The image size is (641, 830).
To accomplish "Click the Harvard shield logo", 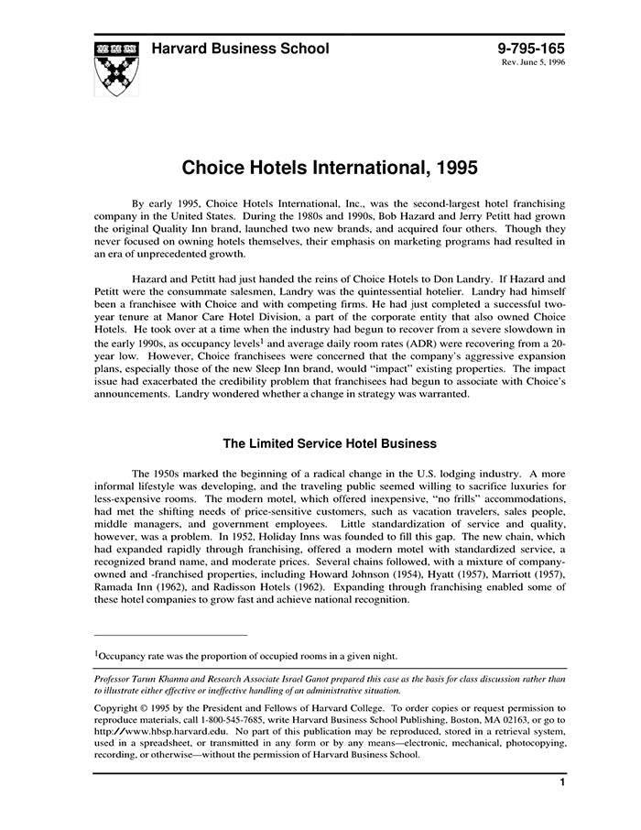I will pos(116,65).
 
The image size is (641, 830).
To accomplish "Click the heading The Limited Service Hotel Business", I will pos(330,443).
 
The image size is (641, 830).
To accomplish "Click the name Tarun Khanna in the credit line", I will pos(164,680).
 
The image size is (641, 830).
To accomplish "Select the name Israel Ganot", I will pos(337,680).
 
